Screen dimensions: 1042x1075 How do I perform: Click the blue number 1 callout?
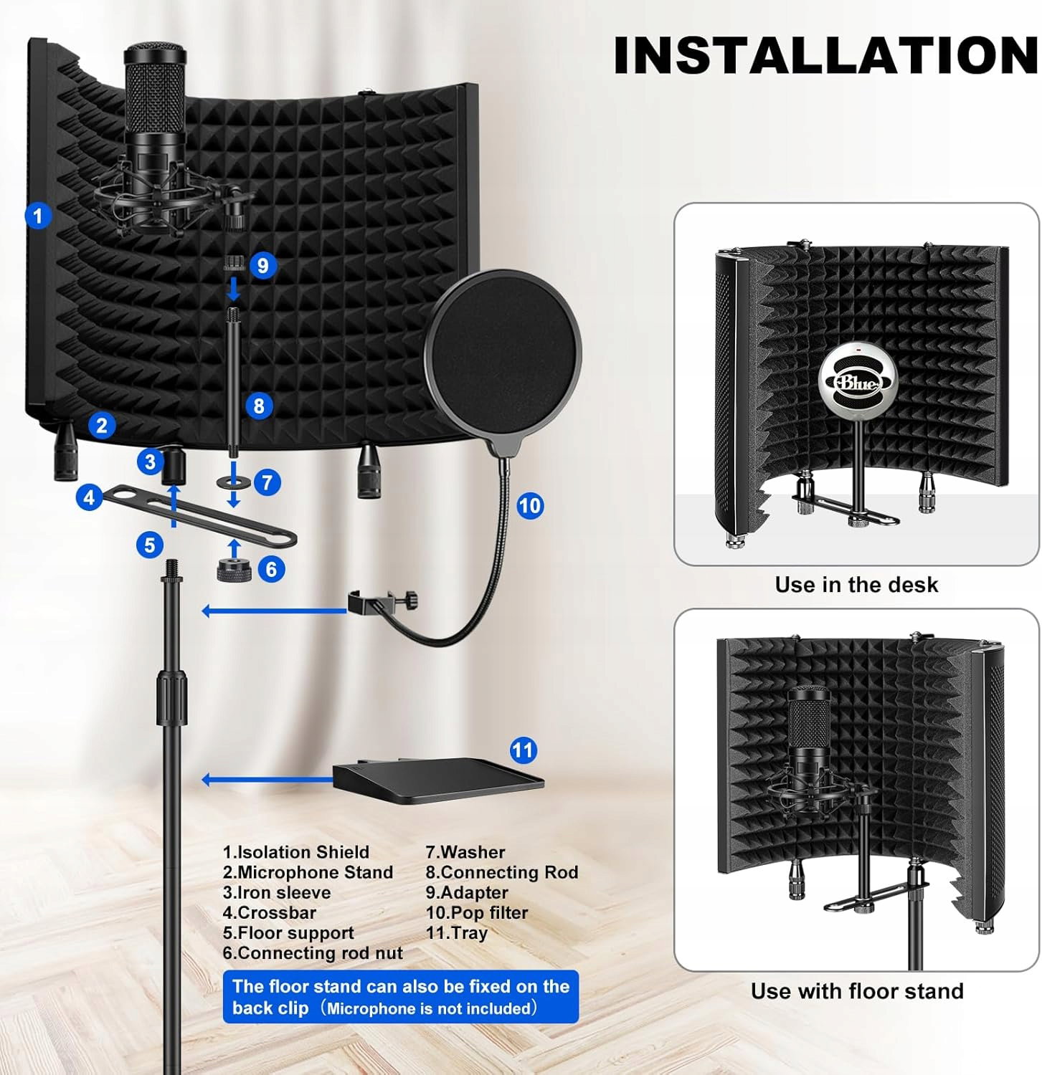coord(38,215)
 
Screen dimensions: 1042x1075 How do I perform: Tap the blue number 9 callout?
coord(263,265)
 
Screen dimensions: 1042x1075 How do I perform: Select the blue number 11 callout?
coord(524,750)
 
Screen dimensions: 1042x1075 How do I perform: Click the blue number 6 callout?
coord(271,569)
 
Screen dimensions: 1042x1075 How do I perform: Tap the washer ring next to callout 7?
coord(233,482)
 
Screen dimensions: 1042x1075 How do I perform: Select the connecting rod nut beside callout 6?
coord(232,570)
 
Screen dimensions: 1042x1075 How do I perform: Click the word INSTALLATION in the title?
coord(826,55)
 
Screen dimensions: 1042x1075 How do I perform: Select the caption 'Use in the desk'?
coord(856,585)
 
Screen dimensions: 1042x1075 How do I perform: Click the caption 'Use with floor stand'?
coord(857,991)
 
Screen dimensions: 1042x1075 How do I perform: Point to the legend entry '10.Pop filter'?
coord(476,912)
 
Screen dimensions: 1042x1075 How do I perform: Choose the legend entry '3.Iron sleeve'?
coord(277,892)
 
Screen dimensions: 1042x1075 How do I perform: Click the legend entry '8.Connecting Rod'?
coord(501,872)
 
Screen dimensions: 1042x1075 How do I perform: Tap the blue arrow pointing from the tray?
coord(267,780)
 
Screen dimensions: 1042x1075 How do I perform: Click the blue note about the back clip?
coord(401,997)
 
